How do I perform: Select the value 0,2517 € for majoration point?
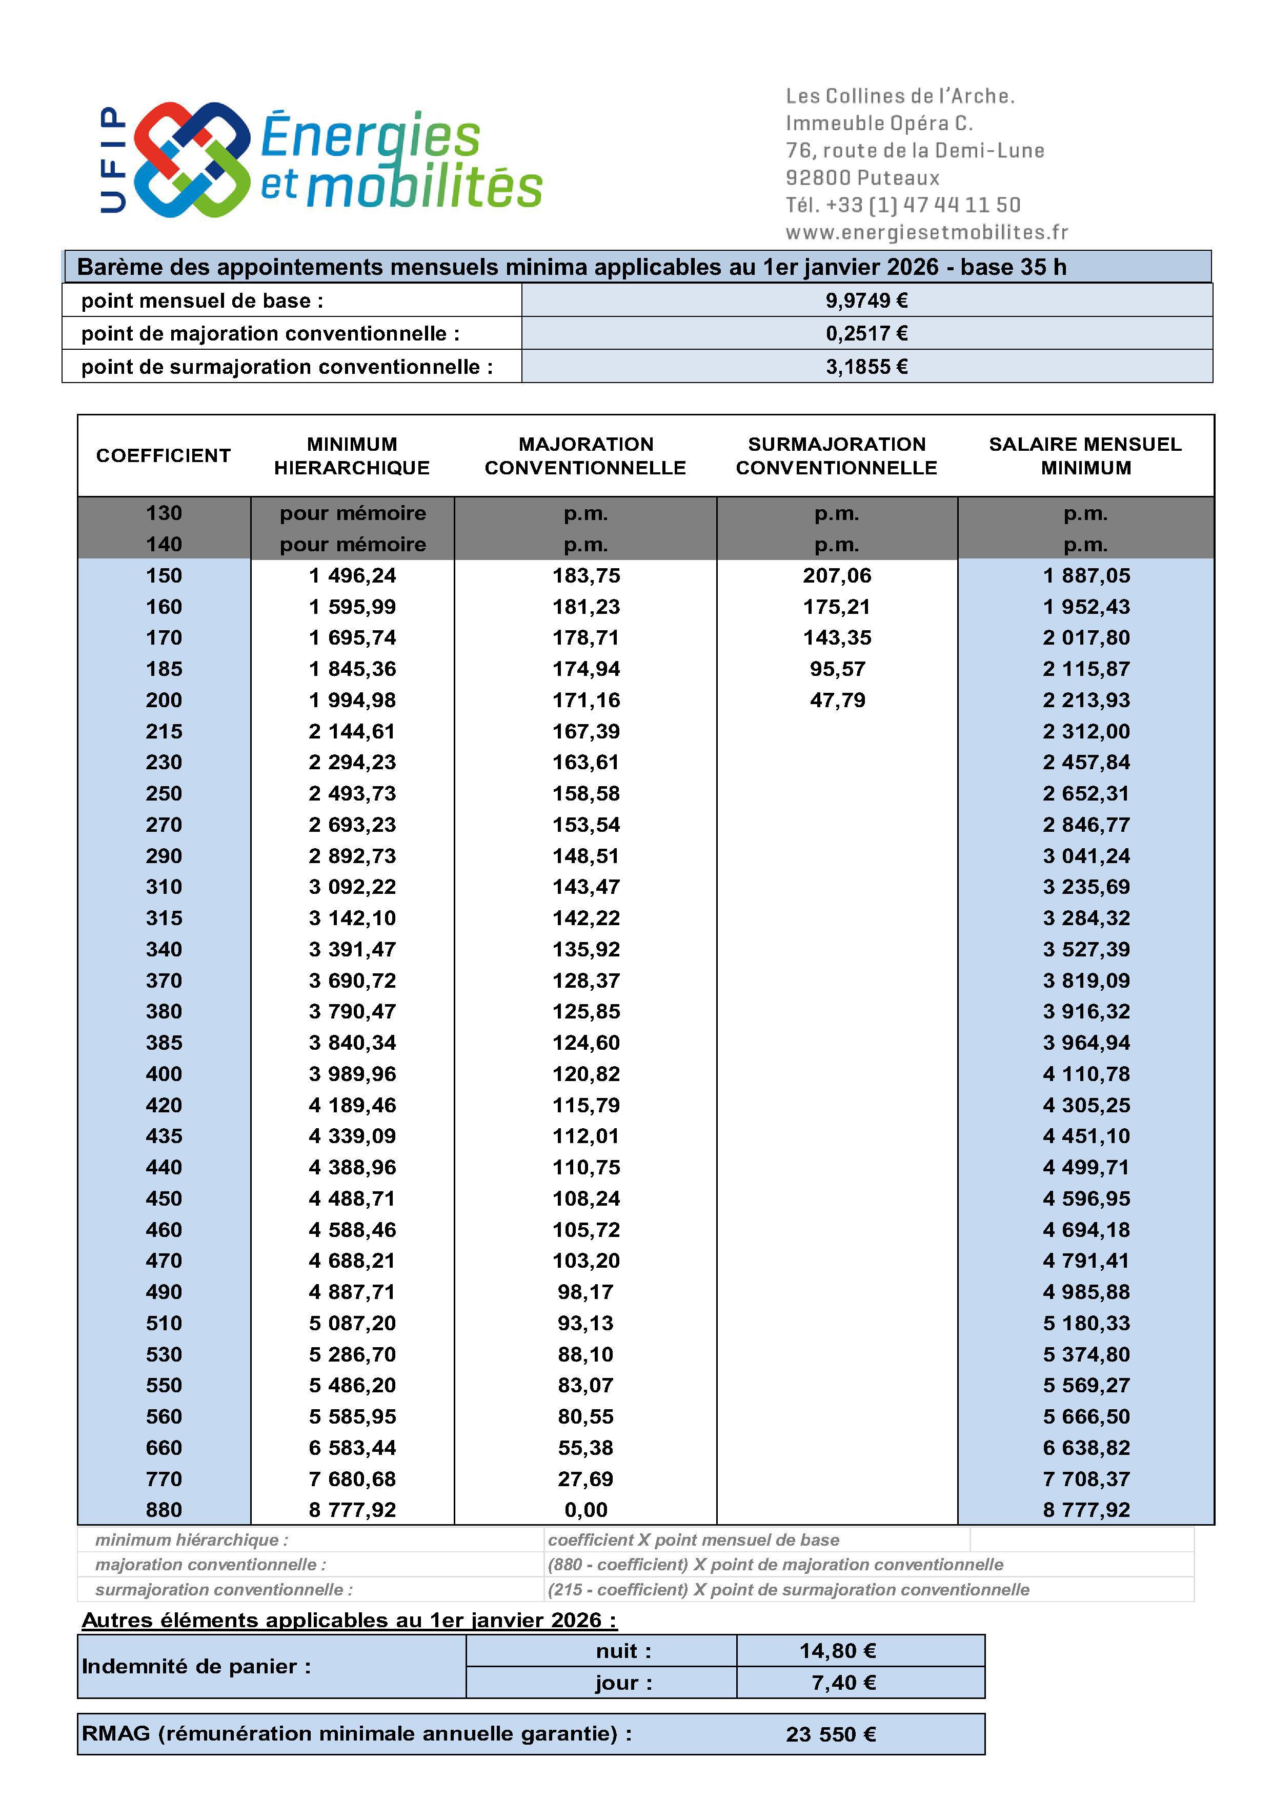click(x=866, y=334)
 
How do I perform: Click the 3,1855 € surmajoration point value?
click(x=866, y=367)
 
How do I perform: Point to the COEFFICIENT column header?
click(x=164, y=456)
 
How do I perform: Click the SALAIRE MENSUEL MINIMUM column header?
click(x=1085, y=456)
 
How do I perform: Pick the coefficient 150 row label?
click(x=164, y=576)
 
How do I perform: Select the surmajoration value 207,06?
click(x=837, y=576)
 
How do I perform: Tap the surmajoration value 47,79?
click(x=837, y=701)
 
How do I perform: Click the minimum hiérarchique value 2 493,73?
click(x=352, y=794)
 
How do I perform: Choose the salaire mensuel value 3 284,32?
click(x=1085, y=918)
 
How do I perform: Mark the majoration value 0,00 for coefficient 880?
click(x=586, y=1510)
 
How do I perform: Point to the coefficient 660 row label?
click(x=164, y=1448)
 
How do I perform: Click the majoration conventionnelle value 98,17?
click(x=586, y=1292)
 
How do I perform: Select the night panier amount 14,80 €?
click(x=837, y=1651)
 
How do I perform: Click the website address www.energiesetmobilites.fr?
click(x=926, y=233)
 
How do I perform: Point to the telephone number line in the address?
click(x=903, y=205)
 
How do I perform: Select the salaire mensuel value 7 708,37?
click(x=1085, y=1480)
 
